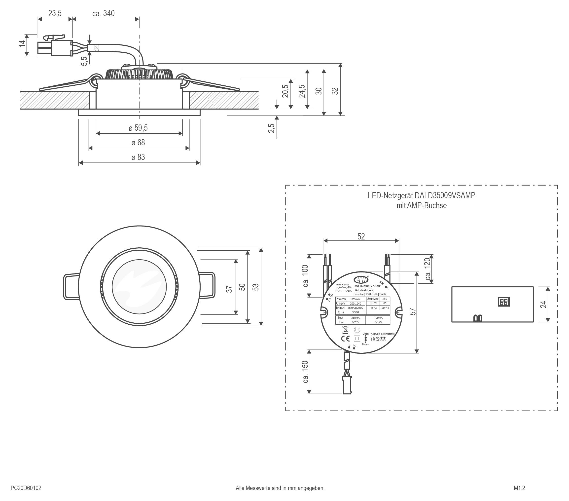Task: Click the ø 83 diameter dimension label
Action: (138, 157)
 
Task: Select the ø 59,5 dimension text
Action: (138, 128)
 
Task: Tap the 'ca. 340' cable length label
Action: (103, 13)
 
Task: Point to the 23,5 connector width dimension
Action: (55, 13)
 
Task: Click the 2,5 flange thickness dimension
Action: (271, 128)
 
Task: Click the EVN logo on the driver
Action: (361, 279)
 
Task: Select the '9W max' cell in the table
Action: (356, 299)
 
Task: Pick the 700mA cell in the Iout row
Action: (378, 318)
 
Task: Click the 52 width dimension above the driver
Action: (361, 236)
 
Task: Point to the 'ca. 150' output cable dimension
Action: (305, 372)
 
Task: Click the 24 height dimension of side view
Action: (543, 304)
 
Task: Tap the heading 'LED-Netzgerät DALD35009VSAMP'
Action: (422, 195)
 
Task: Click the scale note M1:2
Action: (519, 488)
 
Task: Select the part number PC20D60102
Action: (26, 488)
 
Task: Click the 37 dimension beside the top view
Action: (229, 289)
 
